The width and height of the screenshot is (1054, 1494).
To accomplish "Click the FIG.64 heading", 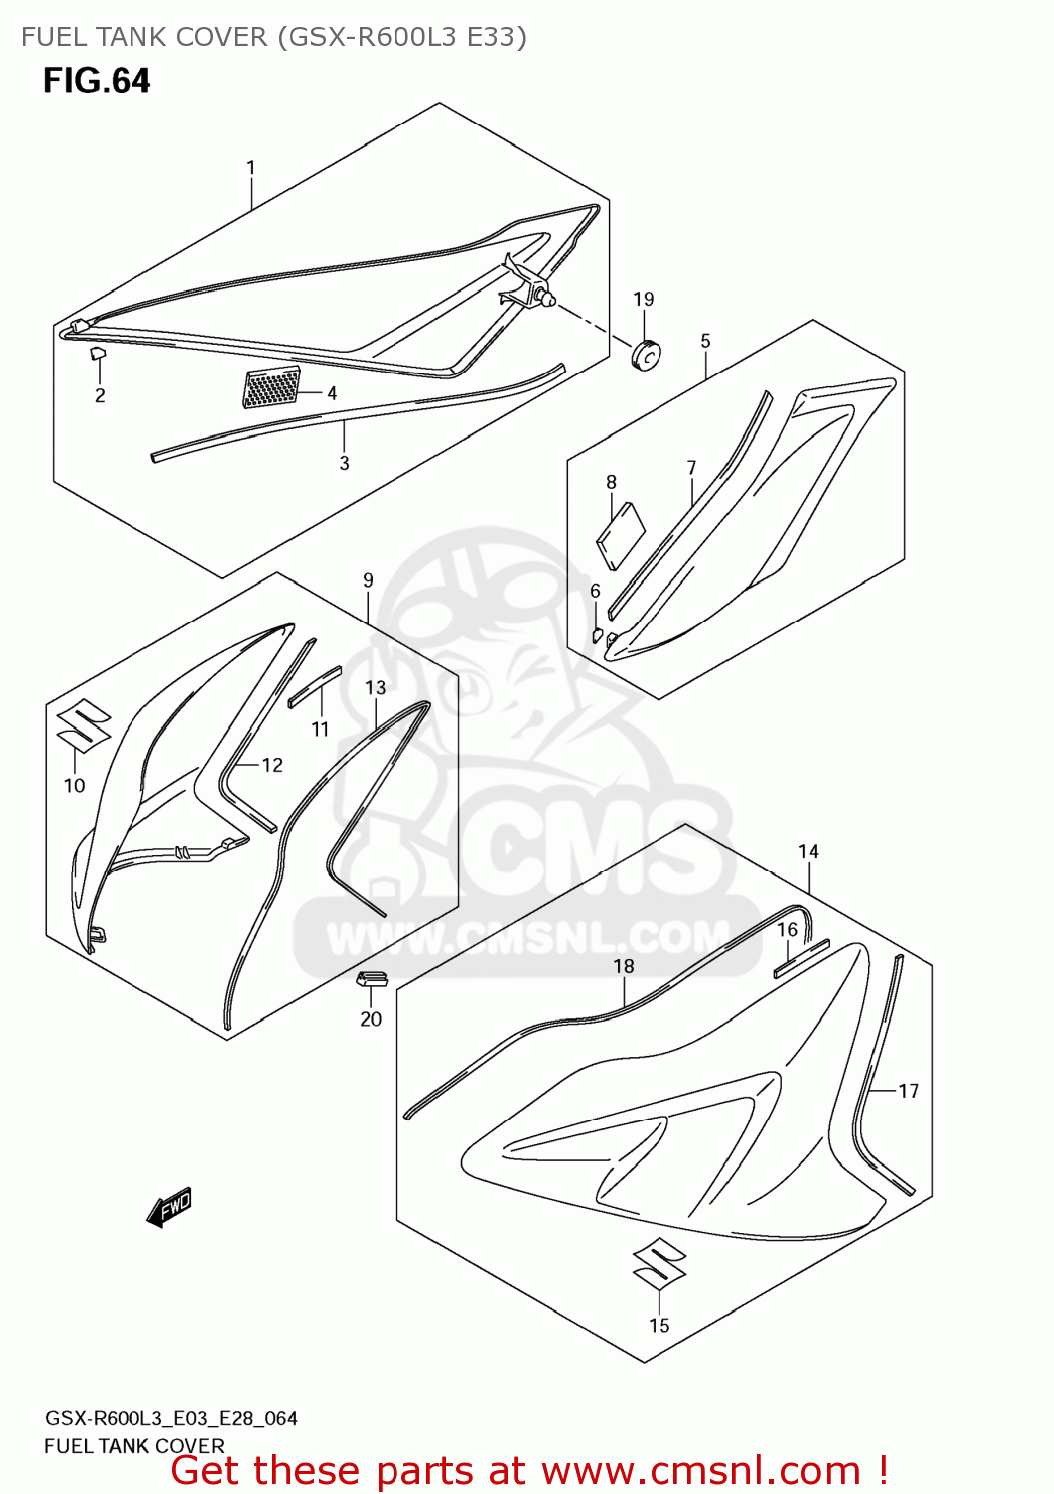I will pos(97,81).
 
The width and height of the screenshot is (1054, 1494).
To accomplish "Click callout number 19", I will pos(644,299).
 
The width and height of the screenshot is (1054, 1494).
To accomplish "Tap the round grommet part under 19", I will pos(648,354).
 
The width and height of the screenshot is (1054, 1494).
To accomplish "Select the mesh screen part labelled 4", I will pos(271,387).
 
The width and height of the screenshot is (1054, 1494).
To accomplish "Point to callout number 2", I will pos(100,395).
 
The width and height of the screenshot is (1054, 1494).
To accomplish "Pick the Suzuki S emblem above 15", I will pos(659,1263).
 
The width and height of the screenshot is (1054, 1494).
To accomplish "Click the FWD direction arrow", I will pos(169,1207).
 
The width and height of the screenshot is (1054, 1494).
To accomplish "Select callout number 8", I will pos(611,482).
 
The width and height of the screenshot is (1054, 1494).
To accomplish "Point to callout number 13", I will pos(375,687).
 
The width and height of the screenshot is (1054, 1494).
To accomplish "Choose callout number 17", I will pos(908,1091).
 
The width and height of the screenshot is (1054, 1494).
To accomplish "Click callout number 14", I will pos(808,851).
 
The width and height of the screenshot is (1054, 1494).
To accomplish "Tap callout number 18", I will pos(624,966).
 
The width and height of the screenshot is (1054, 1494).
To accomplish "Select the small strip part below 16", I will pos(801,957).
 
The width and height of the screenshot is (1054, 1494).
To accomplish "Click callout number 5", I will pos(705,341).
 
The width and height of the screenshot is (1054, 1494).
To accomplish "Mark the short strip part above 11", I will pos(314,686).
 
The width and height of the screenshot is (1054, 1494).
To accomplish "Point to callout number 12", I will pos(272,765).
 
